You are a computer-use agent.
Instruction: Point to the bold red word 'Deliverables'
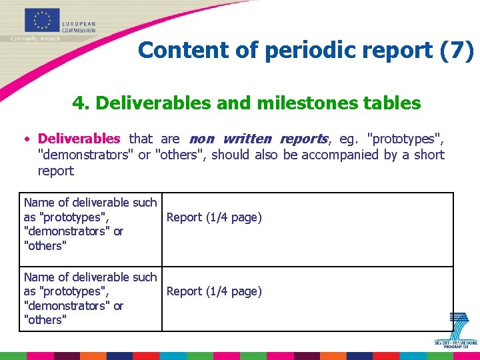click(79, 139)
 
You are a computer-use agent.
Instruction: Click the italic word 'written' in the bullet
click(247, 139)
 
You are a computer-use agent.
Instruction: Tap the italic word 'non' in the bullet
click(202, 139)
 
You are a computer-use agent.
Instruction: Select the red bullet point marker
click(25, 139)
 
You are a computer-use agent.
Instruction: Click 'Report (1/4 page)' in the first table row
click(214, 217)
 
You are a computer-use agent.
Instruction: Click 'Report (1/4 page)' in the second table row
click(214, 291)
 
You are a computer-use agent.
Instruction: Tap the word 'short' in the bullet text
click(428, 155)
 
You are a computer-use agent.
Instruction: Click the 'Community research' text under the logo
click(35, 39)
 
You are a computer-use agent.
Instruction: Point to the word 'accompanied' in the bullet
click(337, 155)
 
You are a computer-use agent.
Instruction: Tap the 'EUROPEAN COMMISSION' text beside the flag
click(78, 26)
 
